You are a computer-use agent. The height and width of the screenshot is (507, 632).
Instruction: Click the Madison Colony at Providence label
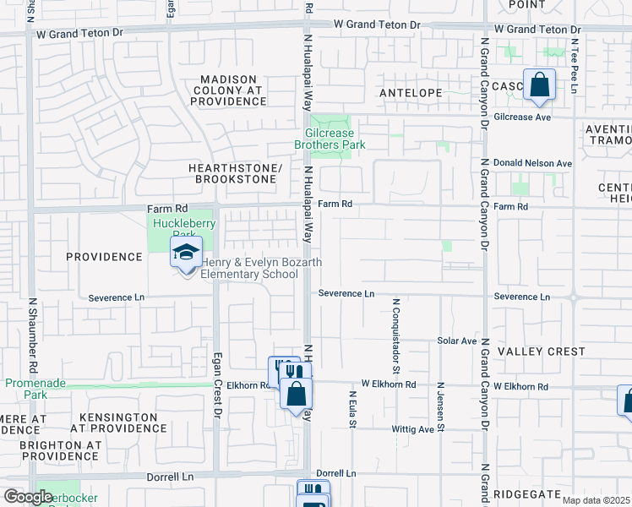tap(228, 90)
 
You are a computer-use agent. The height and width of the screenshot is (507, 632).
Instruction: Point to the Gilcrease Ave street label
tap(522, 117)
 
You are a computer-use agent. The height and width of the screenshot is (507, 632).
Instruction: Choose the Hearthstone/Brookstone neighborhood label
tap(236, 173)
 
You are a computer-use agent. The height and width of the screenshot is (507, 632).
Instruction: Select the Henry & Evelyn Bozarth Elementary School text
tap(260, 268)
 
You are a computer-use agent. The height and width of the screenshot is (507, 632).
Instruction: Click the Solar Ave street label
tap(457, 341)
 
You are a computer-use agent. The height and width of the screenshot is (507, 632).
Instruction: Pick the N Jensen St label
tap(440, 407)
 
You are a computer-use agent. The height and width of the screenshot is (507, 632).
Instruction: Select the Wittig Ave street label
tap(412, 429)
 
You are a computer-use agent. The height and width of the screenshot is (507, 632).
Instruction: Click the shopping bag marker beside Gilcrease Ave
tap(538, 85)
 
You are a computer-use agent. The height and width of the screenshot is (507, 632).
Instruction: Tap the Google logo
tap(28, 497)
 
